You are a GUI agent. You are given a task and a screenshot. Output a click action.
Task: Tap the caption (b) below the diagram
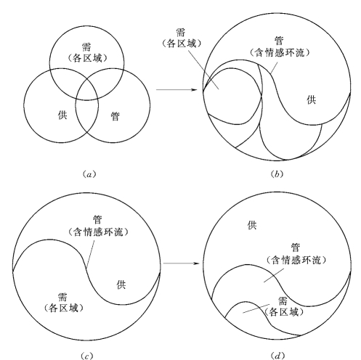click(x=277, y=174)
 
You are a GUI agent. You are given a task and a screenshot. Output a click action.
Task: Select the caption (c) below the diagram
click(x=86, y=356)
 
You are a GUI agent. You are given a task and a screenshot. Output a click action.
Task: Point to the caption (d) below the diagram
click(x=277, y=356)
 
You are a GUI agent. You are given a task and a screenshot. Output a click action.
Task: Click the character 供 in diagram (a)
click(x=62, y=115)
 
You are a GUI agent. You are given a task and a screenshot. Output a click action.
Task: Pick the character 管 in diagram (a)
click(x=115, y=116)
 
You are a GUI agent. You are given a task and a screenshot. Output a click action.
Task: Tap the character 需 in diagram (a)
click(x=86, y=46)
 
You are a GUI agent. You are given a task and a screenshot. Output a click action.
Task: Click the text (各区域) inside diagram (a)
click(x=87, y=58)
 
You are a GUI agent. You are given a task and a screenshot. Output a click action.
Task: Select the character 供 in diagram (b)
click(x=312, y=99)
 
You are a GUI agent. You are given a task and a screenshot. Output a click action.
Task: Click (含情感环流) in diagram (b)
click(x=280, y=52)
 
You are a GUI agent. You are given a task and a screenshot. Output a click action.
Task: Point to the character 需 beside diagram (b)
click(x=181, y=32)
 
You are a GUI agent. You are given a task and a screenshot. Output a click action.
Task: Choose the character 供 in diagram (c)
click(x=121, y=285)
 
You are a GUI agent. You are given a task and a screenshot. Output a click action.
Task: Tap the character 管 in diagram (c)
click(x=98, y=220)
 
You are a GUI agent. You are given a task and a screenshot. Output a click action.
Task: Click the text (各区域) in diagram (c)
click(x=64, y=308)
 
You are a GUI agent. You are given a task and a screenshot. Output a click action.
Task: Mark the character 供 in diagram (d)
click(x=252, y=225)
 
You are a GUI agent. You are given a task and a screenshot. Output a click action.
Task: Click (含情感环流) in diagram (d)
click(x=296, y=260)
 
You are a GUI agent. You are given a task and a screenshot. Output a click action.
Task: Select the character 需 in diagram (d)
click(x=283, y=301)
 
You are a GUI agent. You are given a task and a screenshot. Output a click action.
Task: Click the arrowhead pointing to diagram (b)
click(x=193, y=90)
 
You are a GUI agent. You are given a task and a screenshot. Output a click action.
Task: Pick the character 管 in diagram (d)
click(x=296, y=247)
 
